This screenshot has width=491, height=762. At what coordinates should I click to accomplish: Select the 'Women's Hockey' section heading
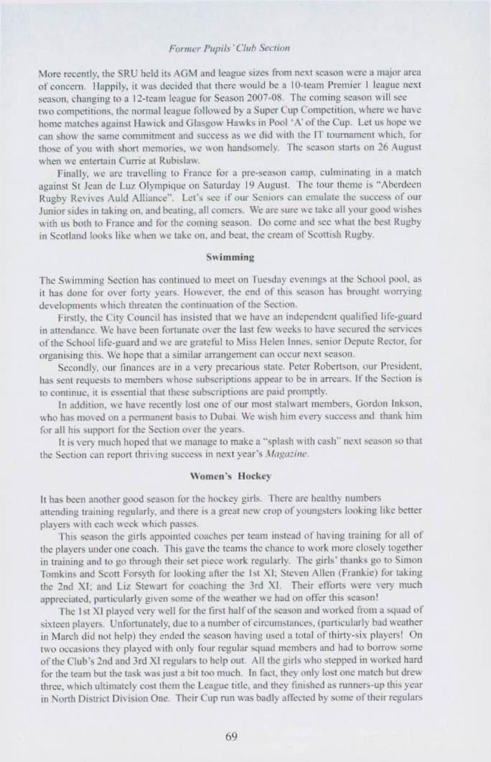click(245, 475)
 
